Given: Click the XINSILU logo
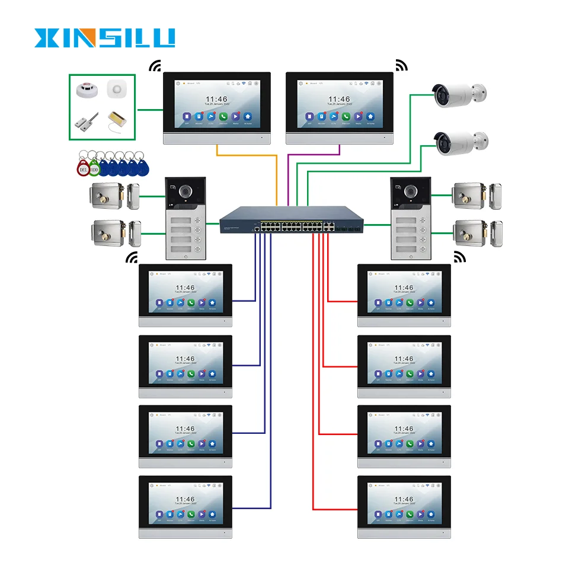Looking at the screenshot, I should coord(104,37).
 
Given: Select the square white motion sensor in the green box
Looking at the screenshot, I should coord(117,90).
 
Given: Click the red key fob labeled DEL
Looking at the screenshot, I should coord(82,168).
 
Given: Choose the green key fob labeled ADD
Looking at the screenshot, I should coord(94,168).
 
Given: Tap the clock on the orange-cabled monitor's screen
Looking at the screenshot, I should coord(216,100).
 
